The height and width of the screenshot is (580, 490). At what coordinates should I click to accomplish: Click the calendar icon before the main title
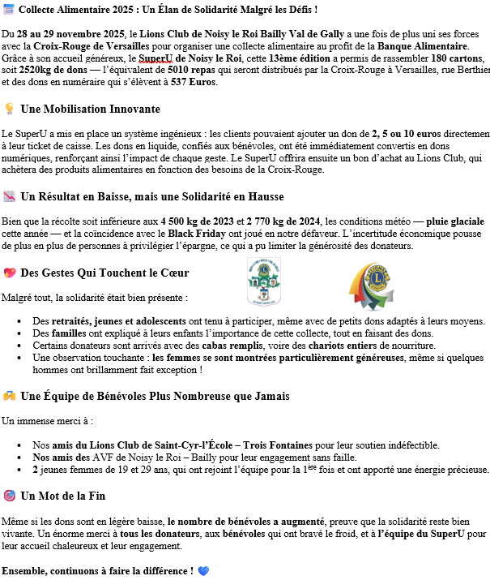(9, 9)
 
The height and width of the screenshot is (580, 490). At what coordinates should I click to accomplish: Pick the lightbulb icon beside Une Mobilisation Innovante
(9, 109)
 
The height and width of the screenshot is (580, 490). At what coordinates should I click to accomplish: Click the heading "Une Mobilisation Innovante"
(90, 109)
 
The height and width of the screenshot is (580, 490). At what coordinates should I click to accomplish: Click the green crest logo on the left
(264, 284)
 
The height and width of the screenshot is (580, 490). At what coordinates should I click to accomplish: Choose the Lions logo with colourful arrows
(371, 286)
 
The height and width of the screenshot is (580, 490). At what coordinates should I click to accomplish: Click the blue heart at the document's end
(203, 570)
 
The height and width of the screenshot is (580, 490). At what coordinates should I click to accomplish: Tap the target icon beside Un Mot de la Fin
(9, 496)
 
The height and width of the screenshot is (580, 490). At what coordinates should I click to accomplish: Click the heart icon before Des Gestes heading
(9, 273)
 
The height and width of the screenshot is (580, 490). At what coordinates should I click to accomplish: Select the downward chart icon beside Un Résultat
(9, 196)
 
